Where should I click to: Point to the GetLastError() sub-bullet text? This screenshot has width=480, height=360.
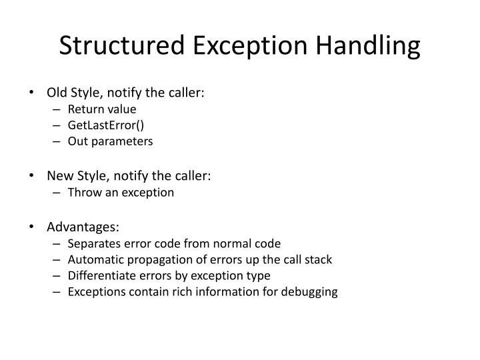tap(101, 125)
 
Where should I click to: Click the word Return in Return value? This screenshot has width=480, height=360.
tap(84, 109)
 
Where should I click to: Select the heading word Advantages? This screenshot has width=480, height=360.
tap(83, 227)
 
